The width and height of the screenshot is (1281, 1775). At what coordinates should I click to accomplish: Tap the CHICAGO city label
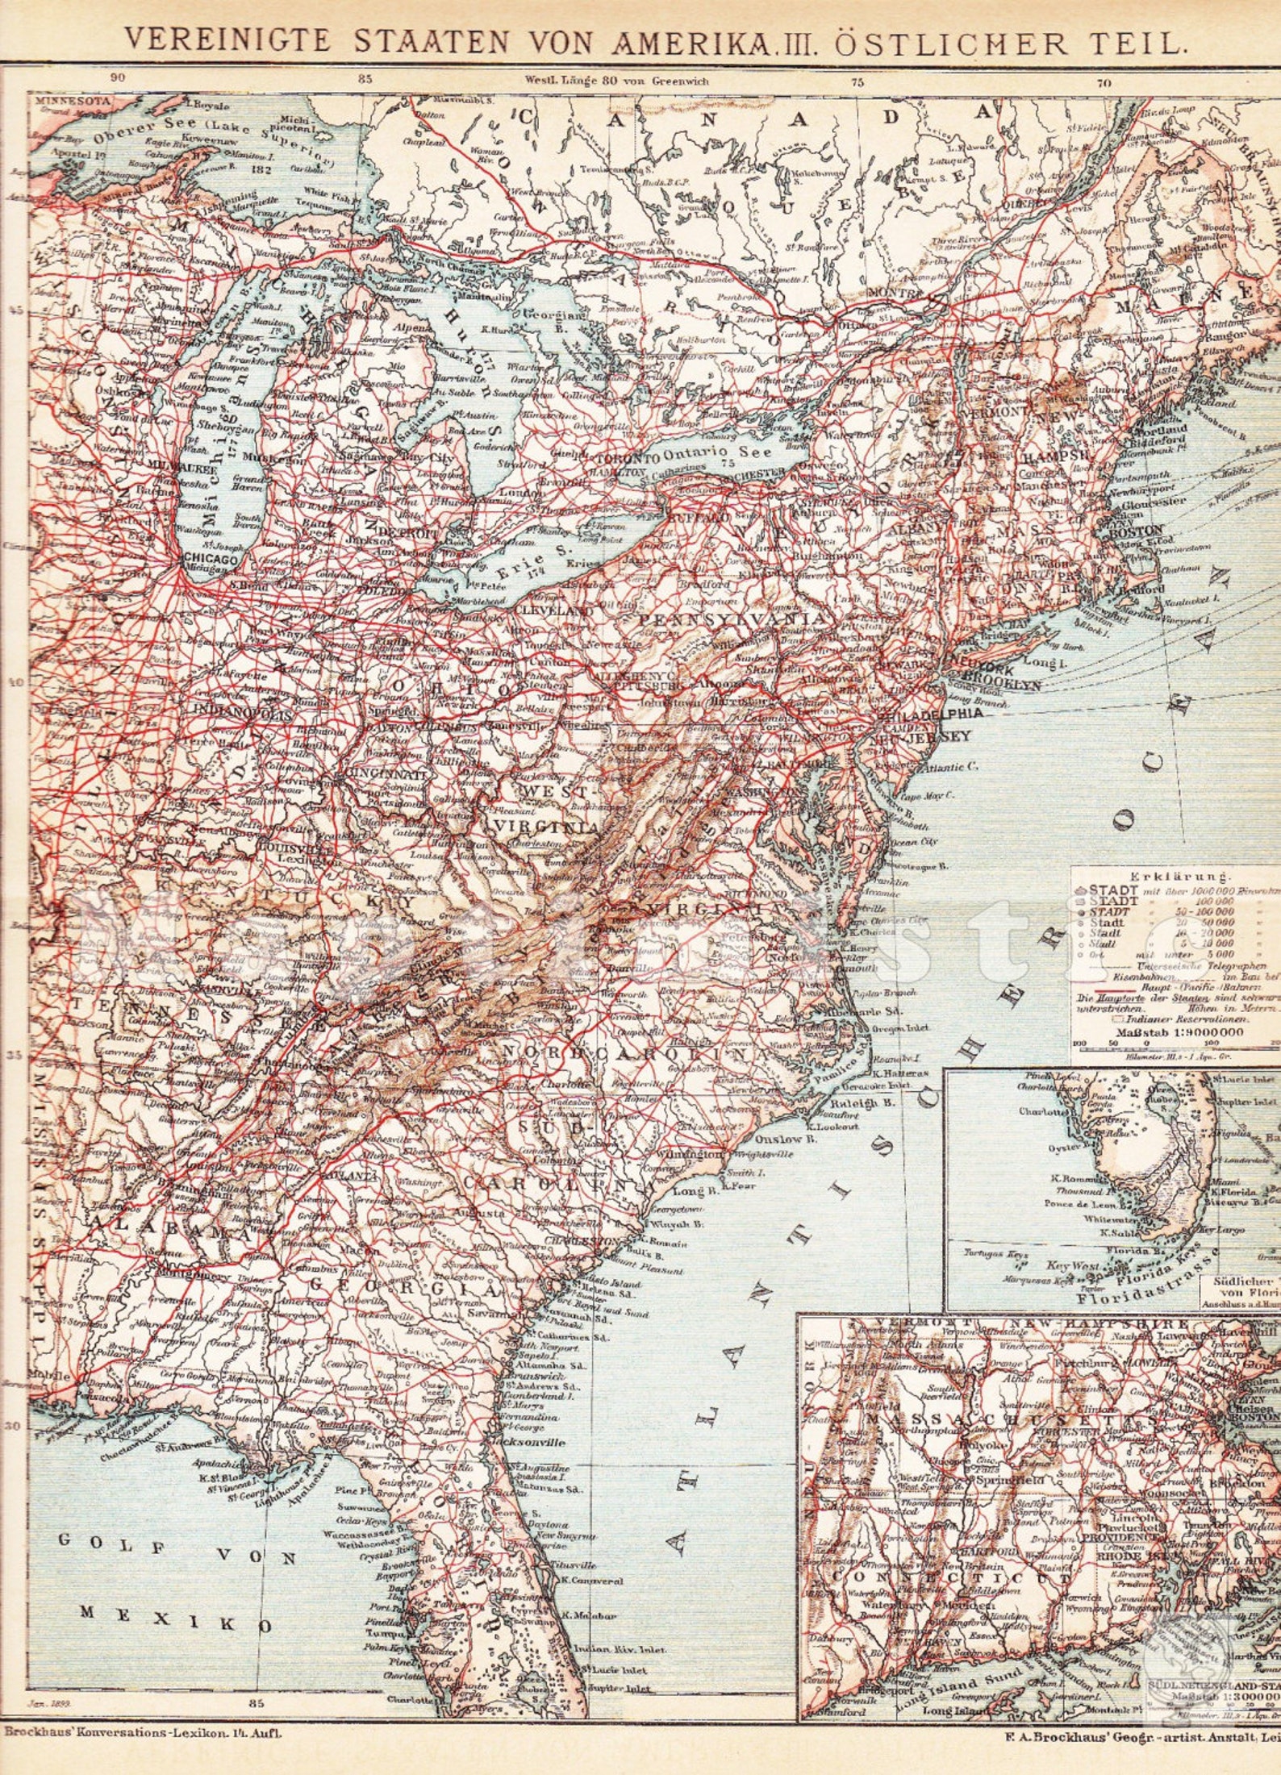[211, 558]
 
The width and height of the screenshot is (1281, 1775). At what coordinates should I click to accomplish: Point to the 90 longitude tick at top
[118, 78]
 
